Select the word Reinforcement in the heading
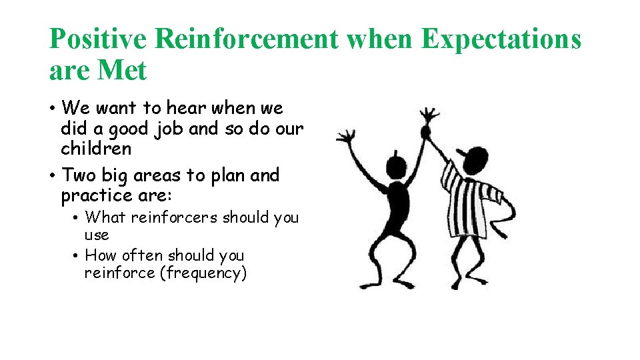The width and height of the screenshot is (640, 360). tap(246, 39)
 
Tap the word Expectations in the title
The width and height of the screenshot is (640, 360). tap(501, 39)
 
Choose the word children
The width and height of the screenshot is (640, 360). tap(96, 148)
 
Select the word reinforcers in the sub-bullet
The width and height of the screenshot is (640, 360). tap(175, 217)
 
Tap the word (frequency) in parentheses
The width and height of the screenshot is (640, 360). tap(203, 273)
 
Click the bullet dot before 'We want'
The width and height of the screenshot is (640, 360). tap(53, 109)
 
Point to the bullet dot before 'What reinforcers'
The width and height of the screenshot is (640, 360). tap(77, 218)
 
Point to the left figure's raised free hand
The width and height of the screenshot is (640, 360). tap(345, 139)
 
